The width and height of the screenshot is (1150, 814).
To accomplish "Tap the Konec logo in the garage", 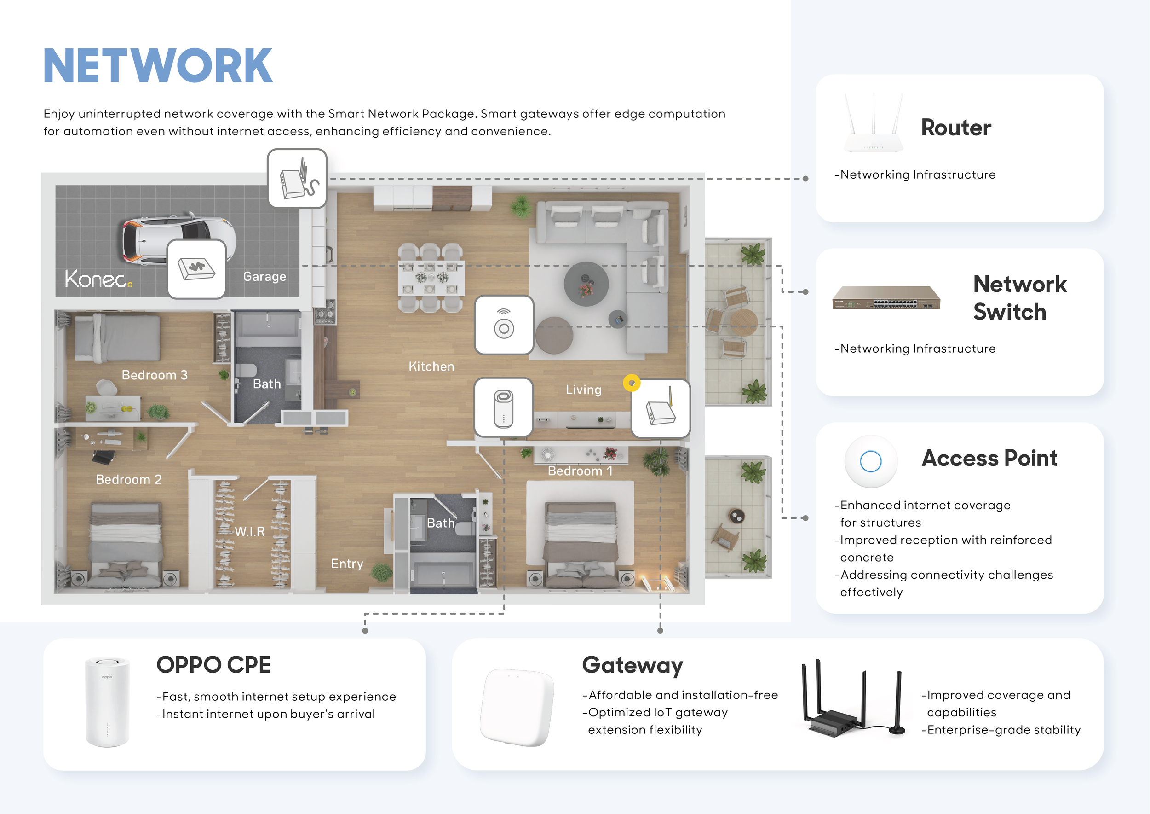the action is click(99, 278).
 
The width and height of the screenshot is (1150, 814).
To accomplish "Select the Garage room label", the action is click(264, 276).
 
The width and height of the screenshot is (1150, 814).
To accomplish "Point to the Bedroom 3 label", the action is click(155, 375).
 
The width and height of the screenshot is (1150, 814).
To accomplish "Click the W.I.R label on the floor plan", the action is click(250, 531).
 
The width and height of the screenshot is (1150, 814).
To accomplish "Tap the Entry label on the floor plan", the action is click(347, 564).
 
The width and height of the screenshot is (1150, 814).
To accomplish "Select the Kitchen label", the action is click(432, 366).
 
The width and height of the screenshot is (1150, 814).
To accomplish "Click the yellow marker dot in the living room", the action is click(632, 383).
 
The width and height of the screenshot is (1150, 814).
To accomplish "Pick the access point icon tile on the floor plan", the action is click(504, 325).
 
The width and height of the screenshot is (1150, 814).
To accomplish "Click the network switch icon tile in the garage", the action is click(197, 269).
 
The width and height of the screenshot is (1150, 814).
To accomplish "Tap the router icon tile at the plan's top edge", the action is click(297, 179).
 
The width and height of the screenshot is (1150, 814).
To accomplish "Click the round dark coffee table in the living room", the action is click(586, 284).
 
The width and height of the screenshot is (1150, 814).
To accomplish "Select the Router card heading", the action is click(956, 128).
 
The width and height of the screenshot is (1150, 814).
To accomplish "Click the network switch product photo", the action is click(886, 298).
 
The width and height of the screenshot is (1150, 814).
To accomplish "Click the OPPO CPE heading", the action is click(213, 665).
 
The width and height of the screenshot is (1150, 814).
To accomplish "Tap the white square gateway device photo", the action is click(517, 707).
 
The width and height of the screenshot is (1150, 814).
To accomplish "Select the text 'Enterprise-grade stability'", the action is click(1004, 730).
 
